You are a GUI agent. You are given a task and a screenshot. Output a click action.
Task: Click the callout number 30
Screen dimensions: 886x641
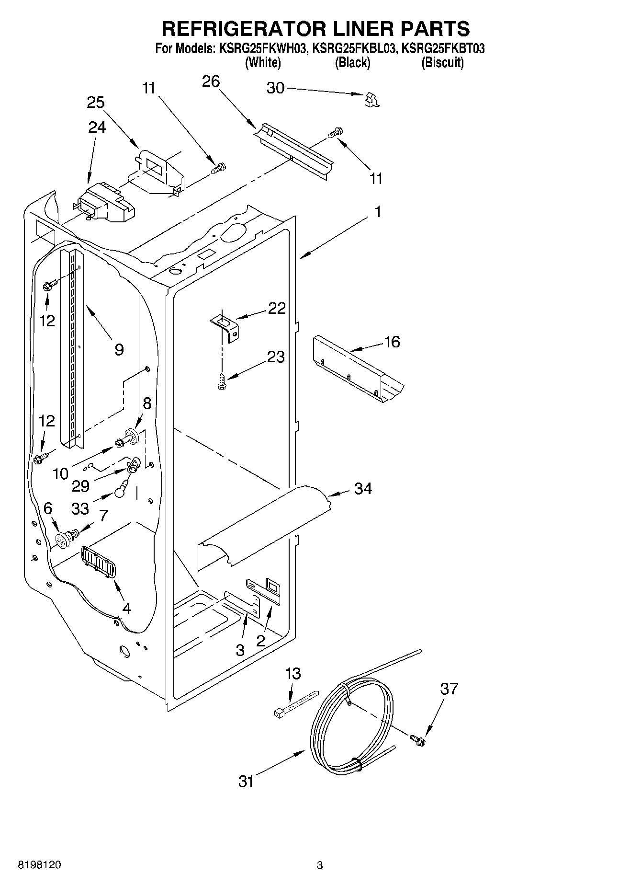(x=275, y=88)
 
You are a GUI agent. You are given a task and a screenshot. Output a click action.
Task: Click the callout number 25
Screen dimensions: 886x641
(x=96, y=103)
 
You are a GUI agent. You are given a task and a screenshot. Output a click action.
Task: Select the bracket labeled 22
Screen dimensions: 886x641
(x=226, y=326)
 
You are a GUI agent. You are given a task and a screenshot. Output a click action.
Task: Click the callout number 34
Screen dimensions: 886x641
(x=363, y=488)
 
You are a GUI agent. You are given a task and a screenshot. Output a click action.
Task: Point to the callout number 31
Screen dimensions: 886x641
(x=246, y=782)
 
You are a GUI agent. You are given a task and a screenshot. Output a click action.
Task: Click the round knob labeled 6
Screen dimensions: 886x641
(x=63, y=541)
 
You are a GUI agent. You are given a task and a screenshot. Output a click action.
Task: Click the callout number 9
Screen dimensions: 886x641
(x=119, y=349)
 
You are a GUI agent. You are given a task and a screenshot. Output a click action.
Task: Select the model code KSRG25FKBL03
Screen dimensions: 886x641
(x=354, y=48)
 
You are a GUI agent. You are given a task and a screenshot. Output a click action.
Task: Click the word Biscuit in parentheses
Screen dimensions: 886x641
(x=442, y=63)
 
